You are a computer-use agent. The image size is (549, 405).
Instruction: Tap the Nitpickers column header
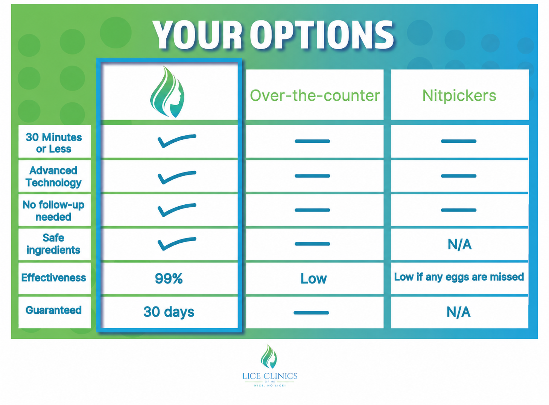(459, 95)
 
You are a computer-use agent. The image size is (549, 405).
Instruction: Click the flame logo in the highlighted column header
(167, 91)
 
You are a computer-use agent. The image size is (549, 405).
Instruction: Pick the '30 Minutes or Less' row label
(54, 143)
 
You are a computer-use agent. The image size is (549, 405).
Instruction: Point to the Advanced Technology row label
(53, 177)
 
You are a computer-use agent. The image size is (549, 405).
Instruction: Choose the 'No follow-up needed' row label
(53, 210)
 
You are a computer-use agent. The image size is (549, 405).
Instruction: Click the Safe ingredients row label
(53, 244)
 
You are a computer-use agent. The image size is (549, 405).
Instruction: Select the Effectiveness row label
(54, 278)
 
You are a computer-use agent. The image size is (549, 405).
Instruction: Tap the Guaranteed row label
(54, 310)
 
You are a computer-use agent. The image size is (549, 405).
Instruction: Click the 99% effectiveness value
(169, 278)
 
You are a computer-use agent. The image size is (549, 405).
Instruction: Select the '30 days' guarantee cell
(169, 312)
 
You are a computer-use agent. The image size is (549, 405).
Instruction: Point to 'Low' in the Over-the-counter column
(313, 278)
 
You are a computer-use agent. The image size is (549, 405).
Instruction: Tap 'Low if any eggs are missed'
(459, 277)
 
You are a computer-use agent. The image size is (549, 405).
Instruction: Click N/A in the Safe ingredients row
(460, 244)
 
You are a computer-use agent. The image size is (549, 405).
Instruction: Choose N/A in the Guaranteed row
(459, 312)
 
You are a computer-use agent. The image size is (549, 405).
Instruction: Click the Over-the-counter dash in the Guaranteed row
(311, 313)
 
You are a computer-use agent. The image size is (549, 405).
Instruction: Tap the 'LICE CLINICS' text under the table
(270, 376)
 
